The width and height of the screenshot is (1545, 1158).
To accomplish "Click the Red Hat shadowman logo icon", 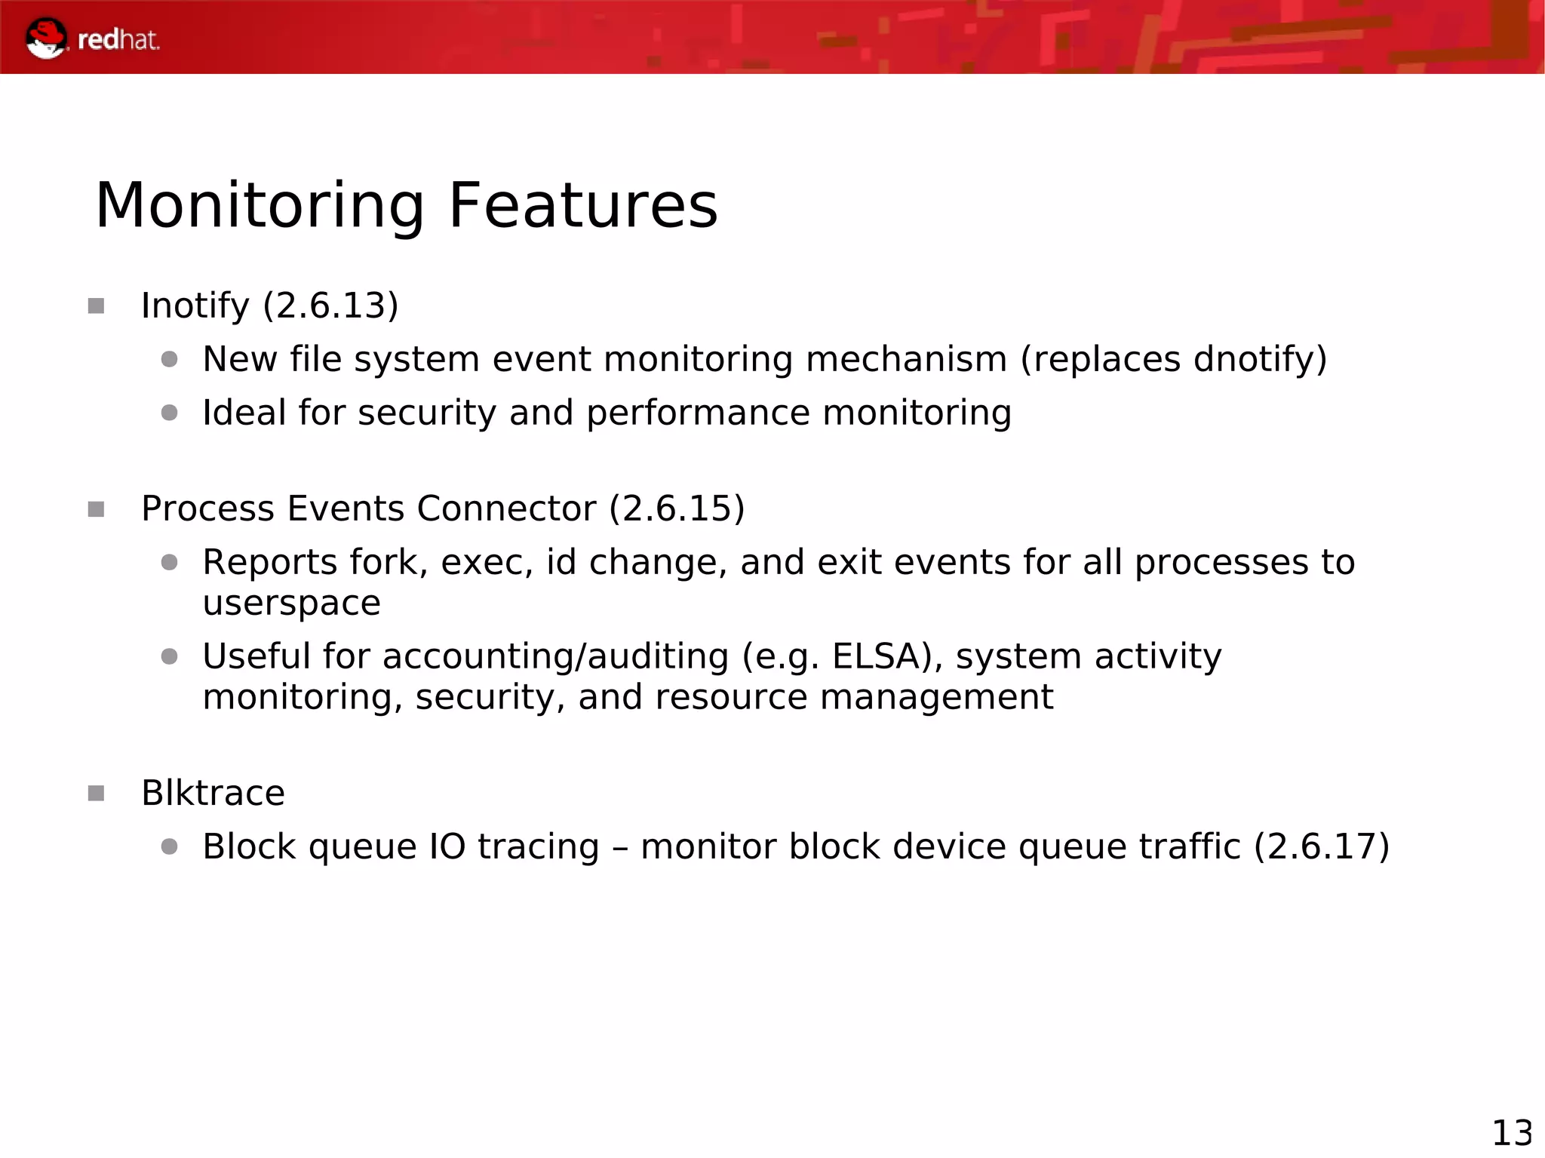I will pos(45,38).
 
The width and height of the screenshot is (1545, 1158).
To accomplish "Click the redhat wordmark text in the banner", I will pos(118,40).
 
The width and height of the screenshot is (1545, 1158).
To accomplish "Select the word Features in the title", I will pos(582,206).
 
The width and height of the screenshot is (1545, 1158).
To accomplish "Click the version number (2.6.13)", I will pos(330,306).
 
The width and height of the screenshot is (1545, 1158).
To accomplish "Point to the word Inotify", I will pos(195,306).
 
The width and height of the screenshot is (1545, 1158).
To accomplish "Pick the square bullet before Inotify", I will pos(96,306).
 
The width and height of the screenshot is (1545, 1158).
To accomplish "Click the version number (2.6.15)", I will pos(677,508).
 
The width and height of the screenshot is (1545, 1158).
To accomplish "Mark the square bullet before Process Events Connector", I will pos(96,510).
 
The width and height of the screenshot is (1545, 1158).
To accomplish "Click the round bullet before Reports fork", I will pos(169,563).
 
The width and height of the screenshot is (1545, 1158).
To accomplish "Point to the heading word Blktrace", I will pos(213,793).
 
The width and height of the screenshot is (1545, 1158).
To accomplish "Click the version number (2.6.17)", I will pos(1321,846).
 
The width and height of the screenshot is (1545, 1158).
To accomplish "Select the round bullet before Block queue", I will pos(169,847).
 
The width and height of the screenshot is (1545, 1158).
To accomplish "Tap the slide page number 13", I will pos(1512,1132).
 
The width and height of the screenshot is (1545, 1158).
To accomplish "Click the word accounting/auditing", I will pos(555,656).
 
